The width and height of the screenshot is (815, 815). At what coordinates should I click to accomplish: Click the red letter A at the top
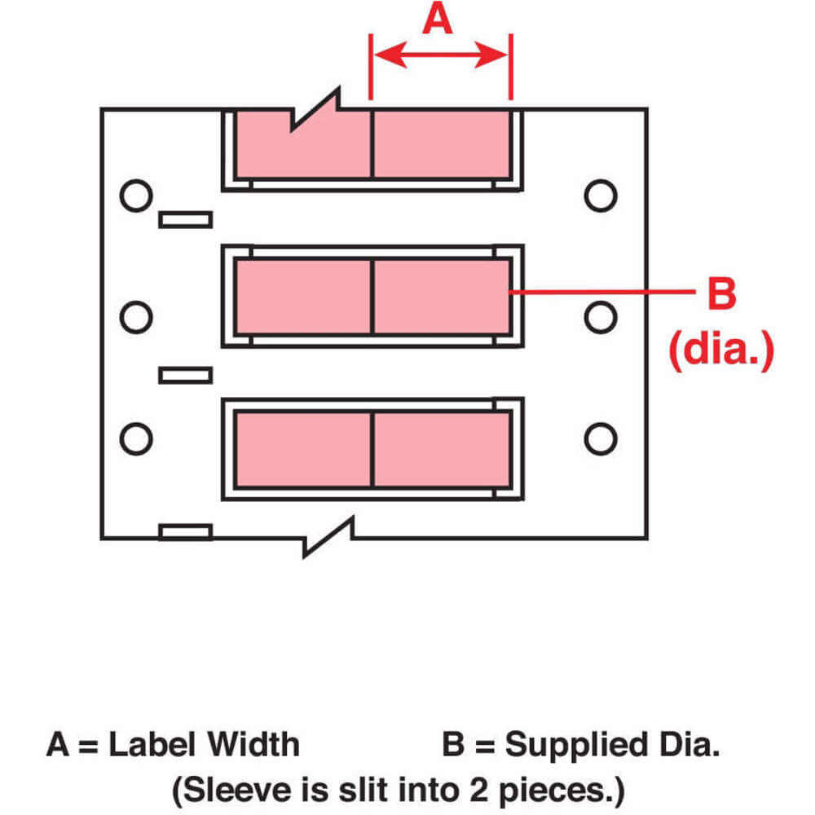click(438, 19)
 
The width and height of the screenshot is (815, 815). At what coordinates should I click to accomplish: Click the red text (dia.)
click(720, 351)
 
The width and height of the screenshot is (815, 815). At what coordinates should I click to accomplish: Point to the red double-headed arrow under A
click(440, 55)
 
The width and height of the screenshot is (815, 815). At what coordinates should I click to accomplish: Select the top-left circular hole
click(135, 196)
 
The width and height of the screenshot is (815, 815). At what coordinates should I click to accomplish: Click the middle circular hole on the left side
click(135, 316)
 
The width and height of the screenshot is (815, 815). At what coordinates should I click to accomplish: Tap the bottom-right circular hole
click(601, 437)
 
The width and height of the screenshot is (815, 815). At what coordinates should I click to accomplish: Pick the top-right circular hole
click(601, 196)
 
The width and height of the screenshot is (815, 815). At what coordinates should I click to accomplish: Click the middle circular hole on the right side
click(601, 316)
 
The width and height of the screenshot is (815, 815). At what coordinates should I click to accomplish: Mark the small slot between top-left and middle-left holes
click(185, 220)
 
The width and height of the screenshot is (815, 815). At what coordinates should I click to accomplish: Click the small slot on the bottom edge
click(185, 533)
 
